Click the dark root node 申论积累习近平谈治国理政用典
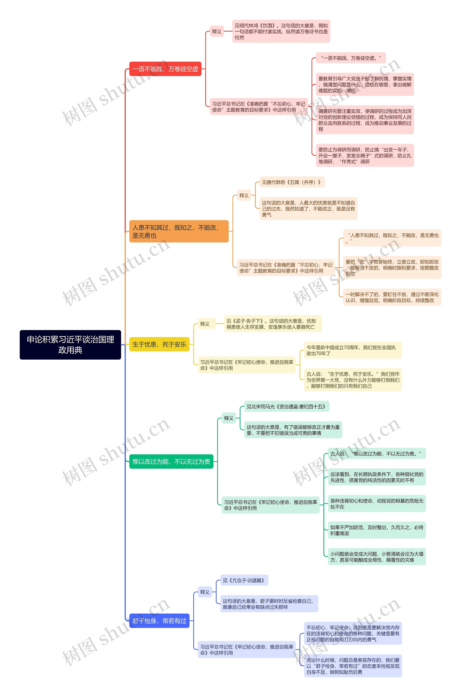click(x=70, y=344)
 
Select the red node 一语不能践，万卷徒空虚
click(x=165, y=69)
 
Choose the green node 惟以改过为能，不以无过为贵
click(x=171, y=461)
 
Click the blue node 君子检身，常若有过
click(x=159, y=621)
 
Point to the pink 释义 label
click(x=217, y=31)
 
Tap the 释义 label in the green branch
click(x=229, y=418)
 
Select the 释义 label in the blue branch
click(x=205, y=592)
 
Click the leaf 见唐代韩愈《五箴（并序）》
click(x=292, y=182)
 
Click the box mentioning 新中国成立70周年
click(x=353, y=350)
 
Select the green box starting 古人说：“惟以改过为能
click(x=376, y=453)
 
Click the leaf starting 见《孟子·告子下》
click(x=272, y=324)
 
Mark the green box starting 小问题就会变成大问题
click(x=376, y=557)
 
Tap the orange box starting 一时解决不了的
click(x=392, y=297)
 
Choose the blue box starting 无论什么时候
click(x=353, y=666)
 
